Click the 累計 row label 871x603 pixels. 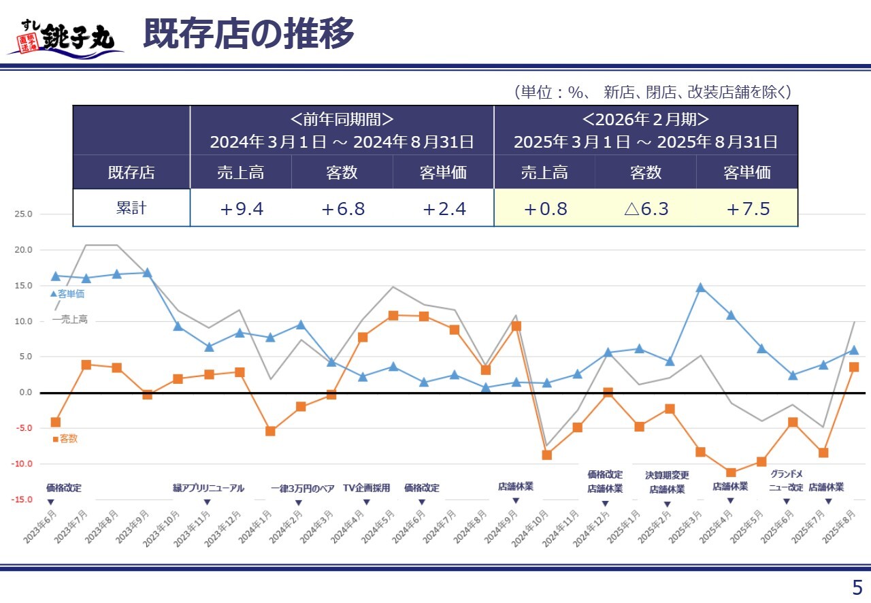[131, 208]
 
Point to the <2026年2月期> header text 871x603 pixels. [645, 120]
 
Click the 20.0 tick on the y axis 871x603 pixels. [23, 250]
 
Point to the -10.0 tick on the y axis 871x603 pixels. [22, 463]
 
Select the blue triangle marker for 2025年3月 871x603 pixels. [700, 287]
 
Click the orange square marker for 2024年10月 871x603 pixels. [546, 455]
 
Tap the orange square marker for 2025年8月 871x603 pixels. [854, 367]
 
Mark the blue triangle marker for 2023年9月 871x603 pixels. [147, 272]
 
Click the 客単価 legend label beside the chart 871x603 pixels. [71, 294]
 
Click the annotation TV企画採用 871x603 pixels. [366, 488]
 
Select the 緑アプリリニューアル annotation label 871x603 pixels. [208, 488]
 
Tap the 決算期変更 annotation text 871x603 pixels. [667, 475]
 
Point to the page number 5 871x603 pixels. [857, 587]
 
